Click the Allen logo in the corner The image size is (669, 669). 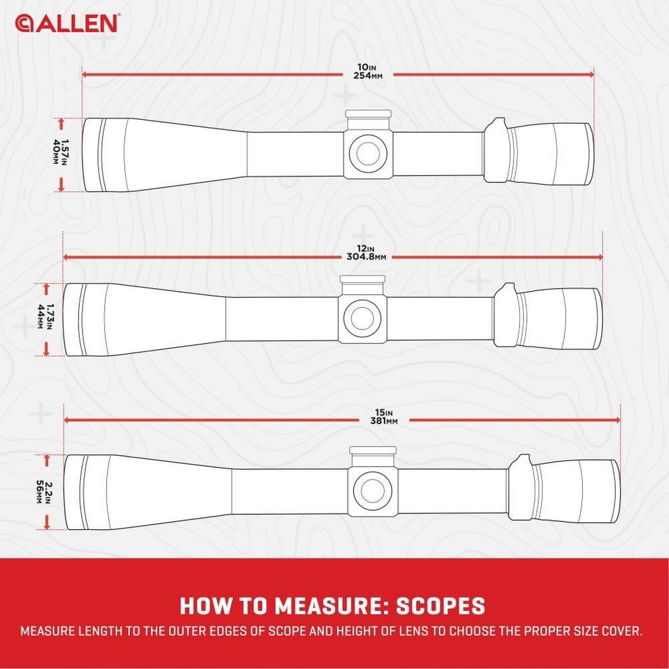[66, 24]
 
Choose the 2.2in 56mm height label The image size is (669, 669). [46, 492]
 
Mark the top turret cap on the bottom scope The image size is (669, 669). [374, 450]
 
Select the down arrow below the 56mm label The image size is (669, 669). [47, 523]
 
